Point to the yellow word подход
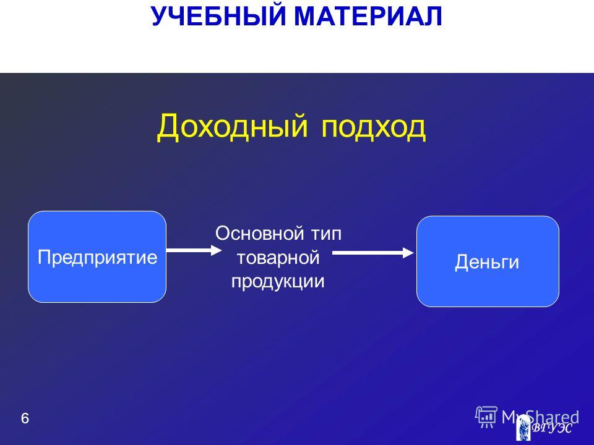(x=374, y=127)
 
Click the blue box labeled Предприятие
(x=97, y=257)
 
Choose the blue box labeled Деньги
(x=488, y=261)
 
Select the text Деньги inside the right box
(x=487, y=262)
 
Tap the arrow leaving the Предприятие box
(x=194, y=250)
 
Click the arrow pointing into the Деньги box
(x=373, y=252)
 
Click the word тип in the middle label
(x=327, y=234)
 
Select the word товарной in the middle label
(x=278, y=258)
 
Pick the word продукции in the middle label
(x=278, y=282)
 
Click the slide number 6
(x=25, y=418)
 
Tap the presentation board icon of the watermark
(x=486, y=417)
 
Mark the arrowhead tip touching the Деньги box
(x=415, y=252)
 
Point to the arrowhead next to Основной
(x=217, y=250)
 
